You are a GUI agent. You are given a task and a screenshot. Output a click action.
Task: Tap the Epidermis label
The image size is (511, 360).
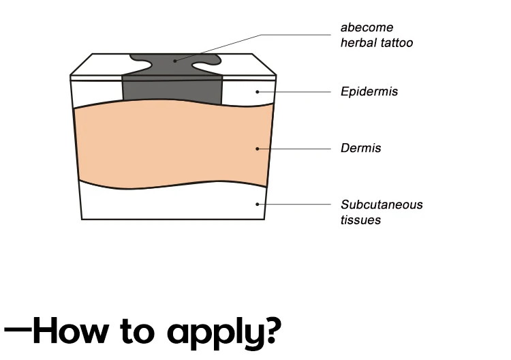click(x=369, y=91)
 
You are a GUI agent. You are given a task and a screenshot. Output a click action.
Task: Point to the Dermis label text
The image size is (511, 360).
click(x=360, y=148)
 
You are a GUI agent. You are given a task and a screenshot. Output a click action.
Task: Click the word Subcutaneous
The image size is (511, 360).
click(x=382, y=205)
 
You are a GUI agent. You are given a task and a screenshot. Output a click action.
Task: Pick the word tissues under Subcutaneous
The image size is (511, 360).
click(x=360, y=220)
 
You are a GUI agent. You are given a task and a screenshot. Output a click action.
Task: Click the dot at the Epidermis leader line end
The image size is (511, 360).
click(x=257, y=91)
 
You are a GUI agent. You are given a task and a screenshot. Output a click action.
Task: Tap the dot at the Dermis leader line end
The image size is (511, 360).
click(x=257, y=148)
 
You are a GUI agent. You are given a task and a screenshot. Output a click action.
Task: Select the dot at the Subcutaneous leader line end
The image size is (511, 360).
click(x=257, y=204)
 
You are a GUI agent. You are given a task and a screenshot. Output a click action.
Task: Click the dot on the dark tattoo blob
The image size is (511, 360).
click(x=175, y=61)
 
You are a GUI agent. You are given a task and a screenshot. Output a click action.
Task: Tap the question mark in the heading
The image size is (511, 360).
click(x=270, y=329)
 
